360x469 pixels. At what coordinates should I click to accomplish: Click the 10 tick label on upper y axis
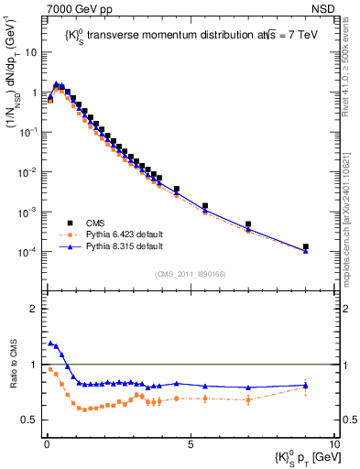click(31, 52)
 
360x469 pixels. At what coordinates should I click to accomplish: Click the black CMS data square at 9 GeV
click(305, 247)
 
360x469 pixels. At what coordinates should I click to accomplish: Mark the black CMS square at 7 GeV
click(248, 224)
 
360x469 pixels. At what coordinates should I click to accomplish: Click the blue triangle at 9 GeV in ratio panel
click(305, 386)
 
